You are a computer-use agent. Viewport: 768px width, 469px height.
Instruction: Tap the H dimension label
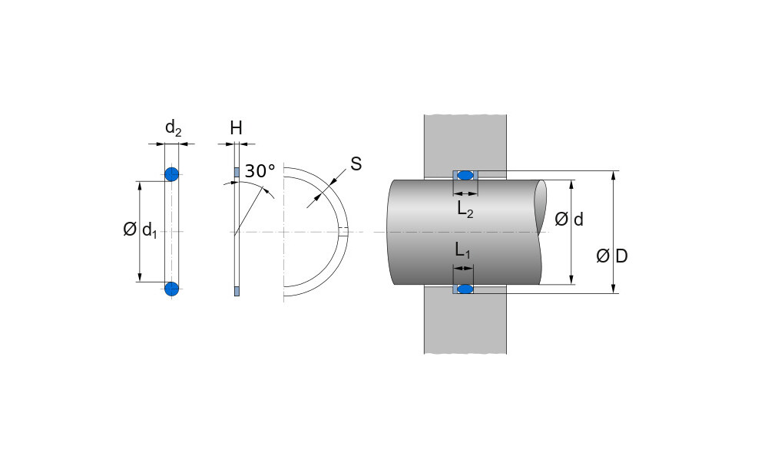[236, 128]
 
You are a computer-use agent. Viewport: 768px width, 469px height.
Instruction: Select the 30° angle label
[260, 170]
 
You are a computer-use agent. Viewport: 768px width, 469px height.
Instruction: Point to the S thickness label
[356, 163]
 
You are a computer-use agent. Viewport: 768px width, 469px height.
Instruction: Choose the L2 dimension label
[465, 210]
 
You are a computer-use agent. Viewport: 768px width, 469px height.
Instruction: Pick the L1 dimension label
[462, 250]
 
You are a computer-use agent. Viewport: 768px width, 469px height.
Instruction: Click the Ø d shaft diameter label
[568, 220]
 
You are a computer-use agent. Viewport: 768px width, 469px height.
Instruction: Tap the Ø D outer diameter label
[611, 256]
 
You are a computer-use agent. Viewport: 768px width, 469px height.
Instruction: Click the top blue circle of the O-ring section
[171, 173]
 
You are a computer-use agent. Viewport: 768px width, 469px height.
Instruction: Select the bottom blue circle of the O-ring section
[171, 289]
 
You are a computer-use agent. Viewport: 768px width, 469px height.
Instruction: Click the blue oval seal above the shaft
[465, 175]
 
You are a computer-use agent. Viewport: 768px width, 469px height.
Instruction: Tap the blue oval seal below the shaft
[465, 289]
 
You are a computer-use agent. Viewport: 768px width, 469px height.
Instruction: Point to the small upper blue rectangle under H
[237, 171]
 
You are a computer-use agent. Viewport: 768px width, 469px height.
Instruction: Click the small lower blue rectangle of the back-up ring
[237, 290]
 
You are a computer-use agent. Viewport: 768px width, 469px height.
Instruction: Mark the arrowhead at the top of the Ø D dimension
[614, 175]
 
